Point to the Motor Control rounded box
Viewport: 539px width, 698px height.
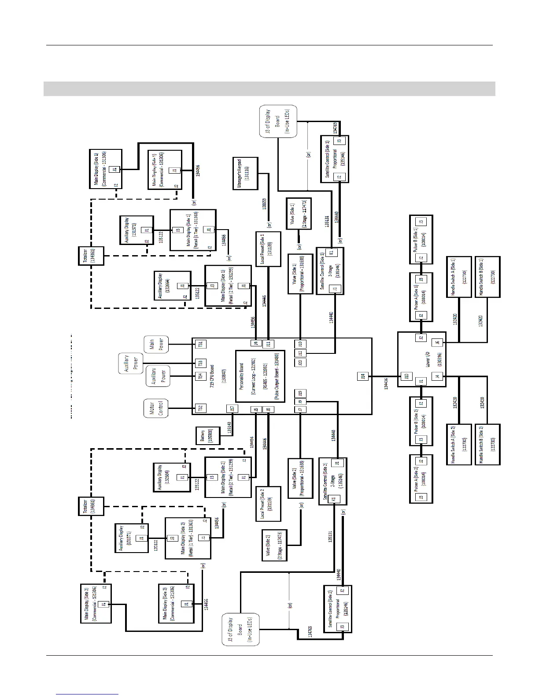click(x=157, y=408)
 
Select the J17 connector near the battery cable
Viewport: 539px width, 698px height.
click(x=233, y=409)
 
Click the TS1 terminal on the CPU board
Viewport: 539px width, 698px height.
click(x=200, y=344)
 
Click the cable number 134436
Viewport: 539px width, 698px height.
click(x=386, y=383)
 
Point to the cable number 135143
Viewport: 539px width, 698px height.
click(x=229, y=428)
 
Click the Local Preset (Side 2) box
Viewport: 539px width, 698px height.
click(x=268, y=504)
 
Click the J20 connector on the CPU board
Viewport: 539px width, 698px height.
click(x=300, y=363)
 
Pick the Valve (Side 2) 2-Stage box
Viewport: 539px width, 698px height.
click(x=274, y=546)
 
